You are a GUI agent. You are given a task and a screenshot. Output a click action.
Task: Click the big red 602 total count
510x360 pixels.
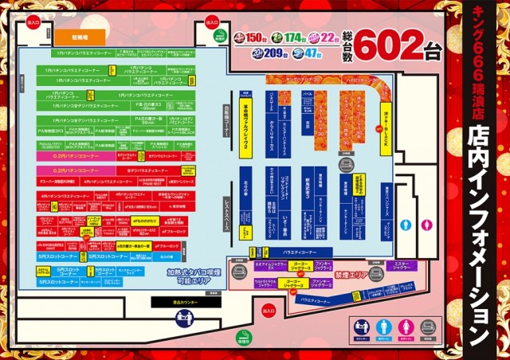[396, 47]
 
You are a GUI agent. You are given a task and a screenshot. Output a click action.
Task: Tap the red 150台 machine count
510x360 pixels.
[252, 38]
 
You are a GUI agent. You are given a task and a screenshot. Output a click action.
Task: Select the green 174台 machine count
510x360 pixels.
[289, 38]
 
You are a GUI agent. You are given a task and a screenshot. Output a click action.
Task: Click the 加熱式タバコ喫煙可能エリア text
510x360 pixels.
[190, 276]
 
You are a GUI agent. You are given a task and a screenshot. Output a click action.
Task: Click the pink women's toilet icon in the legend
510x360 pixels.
[406, 327]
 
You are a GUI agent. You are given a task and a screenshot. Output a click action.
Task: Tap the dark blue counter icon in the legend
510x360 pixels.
[363, 327]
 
